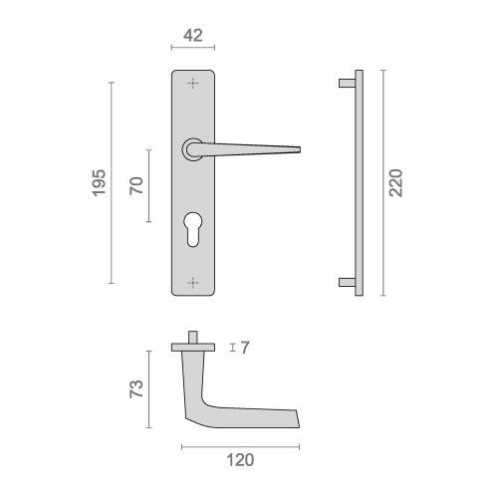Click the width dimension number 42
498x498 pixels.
coord(193,36)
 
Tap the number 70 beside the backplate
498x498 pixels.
coord(136,185)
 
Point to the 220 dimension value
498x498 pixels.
coord(395,181)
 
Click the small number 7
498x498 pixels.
coord(244,348)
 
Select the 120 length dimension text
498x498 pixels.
coord(239,459)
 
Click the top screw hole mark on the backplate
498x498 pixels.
coord(193,82)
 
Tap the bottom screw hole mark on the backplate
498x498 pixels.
coord(193,284)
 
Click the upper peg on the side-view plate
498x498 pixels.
coord(345,80)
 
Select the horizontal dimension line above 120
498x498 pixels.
coord(239,444)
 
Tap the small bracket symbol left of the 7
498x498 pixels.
coord(232,348)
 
